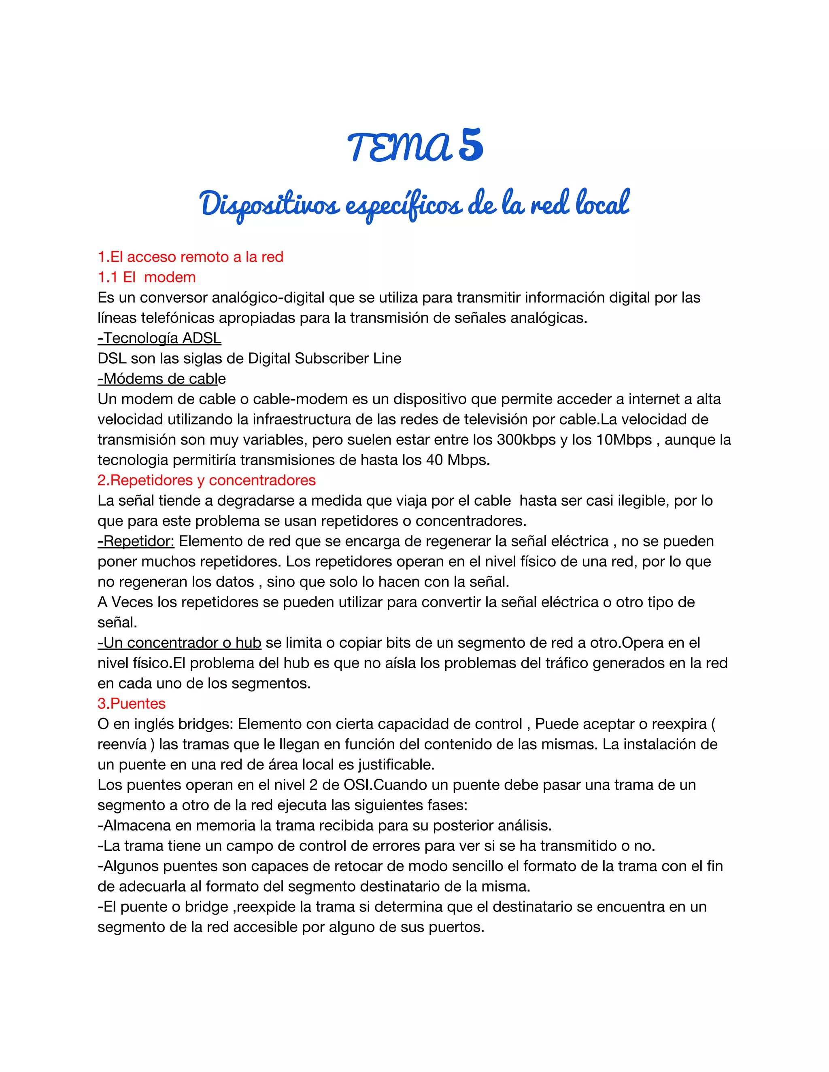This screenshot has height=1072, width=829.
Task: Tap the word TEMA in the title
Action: click(399, 147)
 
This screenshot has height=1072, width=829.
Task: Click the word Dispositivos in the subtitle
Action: click(270, 204)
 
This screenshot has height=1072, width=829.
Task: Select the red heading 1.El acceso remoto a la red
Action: click(190, 257)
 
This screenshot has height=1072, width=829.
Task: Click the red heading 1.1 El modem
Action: click(147, 278)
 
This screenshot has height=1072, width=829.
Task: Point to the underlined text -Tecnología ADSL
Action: click(159, 338)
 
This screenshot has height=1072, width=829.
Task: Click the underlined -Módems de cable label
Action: click(162, 379)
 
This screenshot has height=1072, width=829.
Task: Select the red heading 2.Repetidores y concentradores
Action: click(206, 480)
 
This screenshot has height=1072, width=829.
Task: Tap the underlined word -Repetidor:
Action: click(136, 541)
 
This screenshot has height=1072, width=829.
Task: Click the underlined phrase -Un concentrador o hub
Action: click(179, 642)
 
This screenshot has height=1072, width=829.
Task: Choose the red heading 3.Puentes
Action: click(132, 703)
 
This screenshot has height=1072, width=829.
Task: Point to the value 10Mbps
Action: click(624, 440)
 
